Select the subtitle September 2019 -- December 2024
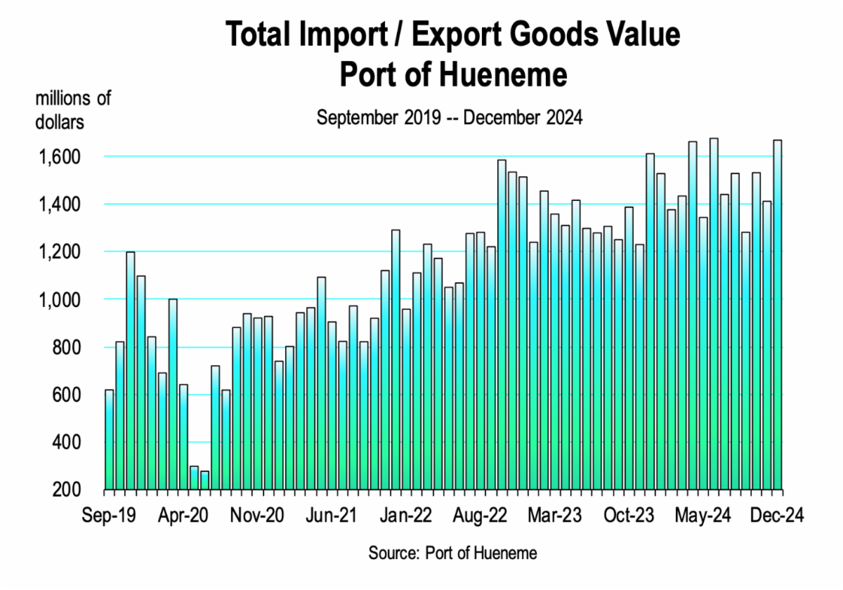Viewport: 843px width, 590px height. tap(450, 117)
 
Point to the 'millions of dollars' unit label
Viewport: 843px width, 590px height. tap(73, 110)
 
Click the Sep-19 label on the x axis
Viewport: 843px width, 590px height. tap(109, 515)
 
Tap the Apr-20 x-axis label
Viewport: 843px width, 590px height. tap(185, 515)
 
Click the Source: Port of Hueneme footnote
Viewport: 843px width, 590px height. tap(452, 553)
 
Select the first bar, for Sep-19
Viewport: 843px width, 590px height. tap(109, 439)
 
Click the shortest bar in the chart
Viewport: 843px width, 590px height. tap(204, 480)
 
